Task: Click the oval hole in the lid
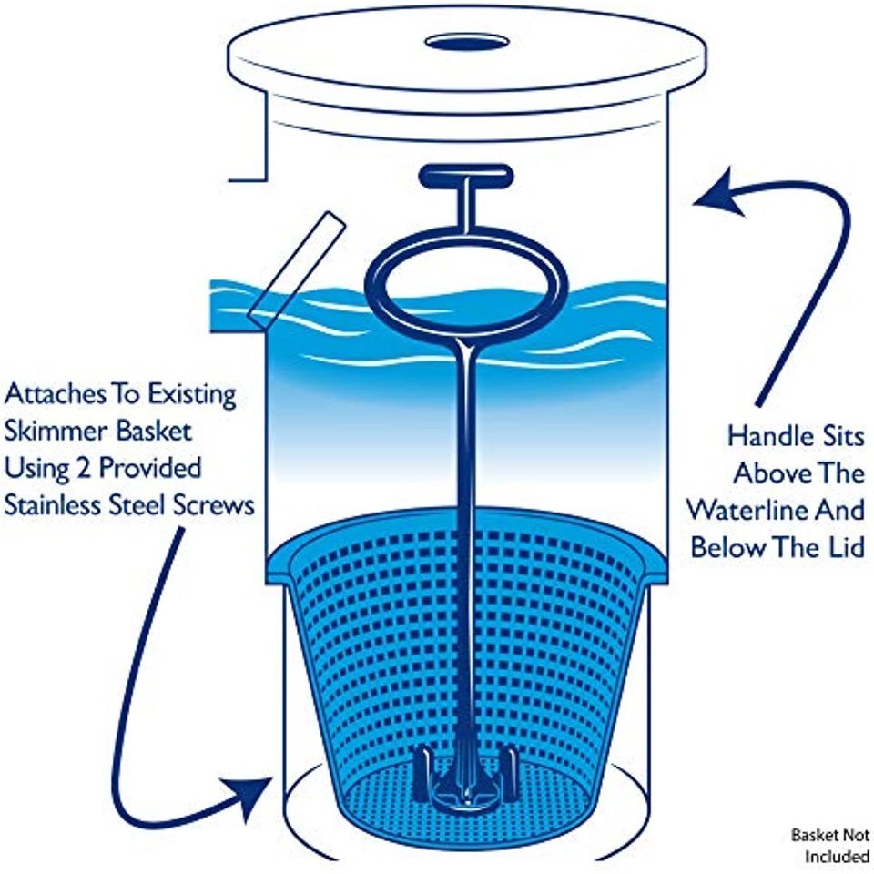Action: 466,42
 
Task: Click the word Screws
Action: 218,505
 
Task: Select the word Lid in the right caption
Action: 843,547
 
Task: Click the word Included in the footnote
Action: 837,857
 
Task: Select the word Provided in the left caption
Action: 150,469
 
